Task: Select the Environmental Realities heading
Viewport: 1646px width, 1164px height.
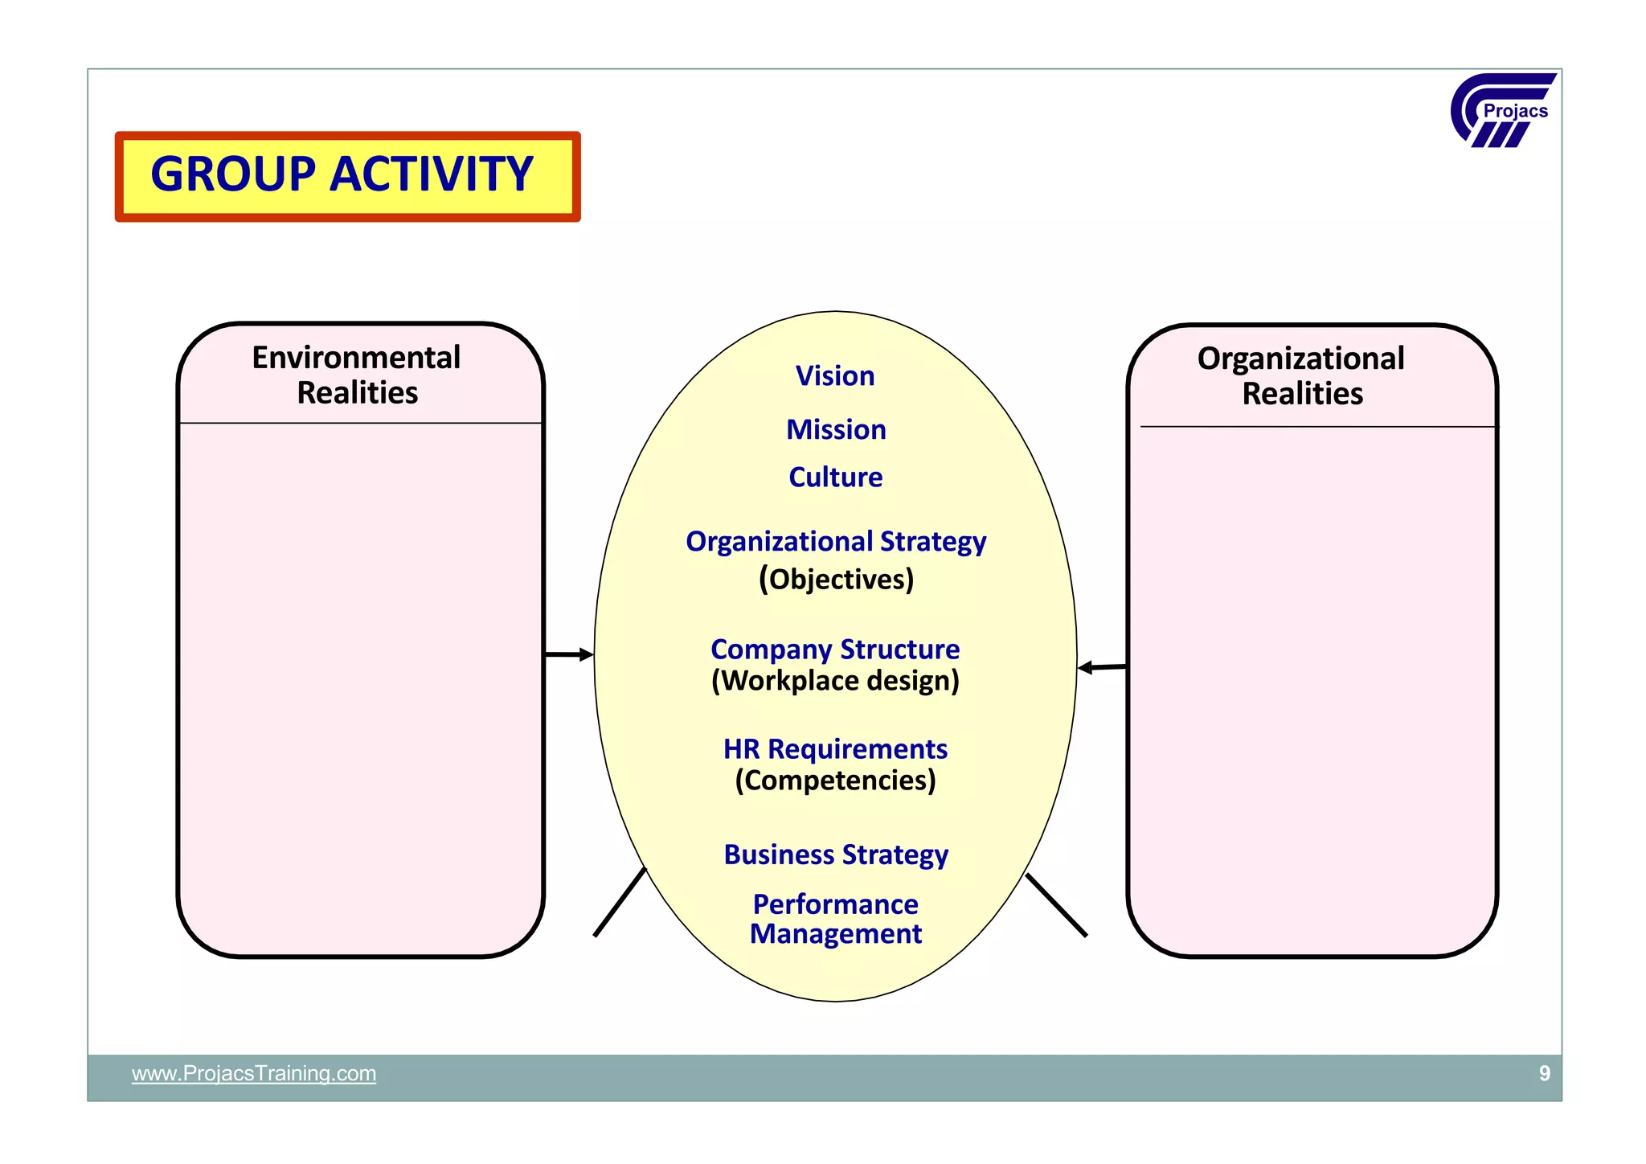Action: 357,375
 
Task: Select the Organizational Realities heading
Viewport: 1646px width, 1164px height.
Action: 1301,375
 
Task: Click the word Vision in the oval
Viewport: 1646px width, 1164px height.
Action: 835,376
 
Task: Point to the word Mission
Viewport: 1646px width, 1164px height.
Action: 836,429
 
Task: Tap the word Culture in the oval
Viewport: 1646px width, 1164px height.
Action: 835,477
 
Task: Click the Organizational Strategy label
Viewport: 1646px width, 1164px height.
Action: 836,542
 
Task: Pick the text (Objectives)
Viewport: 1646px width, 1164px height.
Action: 836,579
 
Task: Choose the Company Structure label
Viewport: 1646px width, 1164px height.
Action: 835,649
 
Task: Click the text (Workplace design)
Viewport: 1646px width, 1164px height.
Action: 835,681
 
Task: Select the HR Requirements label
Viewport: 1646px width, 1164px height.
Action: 835,748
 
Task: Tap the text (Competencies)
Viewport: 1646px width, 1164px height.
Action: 835,781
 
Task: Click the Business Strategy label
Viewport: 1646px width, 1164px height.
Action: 836,854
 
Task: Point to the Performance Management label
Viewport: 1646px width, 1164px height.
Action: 836,919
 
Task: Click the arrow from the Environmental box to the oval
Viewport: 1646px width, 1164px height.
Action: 569,654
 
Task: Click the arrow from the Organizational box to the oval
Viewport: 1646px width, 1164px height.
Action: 1102,667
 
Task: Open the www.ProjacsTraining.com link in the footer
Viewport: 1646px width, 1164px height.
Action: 254,1073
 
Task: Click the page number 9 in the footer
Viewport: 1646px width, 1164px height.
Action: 1544,1073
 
